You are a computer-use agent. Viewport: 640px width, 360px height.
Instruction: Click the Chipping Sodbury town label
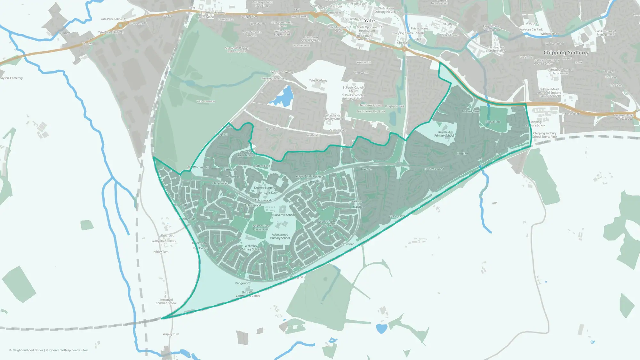566,52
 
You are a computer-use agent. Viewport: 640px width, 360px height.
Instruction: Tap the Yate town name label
369,20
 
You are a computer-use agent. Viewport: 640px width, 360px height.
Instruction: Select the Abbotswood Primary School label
280,236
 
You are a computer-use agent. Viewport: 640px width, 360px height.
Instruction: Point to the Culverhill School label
284,215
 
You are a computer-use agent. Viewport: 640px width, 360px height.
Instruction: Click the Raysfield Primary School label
444,134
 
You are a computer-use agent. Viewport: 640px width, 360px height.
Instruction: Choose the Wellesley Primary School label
251,248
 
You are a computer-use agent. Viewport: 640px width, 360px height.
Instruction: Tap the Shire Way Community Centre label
248,294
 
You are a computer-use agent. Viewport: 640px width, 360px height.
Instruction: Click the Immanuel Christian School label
166,301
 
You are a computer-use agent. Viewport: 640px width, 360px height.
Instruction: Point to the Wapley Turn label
171,334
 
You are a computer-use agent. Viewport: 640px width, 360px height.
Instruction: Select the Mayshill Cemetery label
11,78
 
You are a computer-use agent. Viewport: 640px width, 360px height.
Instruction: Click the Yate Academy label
318,81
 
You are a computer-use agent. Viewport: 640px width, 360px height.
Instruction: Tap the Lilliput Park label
493,122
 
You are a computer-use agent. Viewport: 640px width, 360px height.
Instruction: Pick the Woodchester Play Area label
327,223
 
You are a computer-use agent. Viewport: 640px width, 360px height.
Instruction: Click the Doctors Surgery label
264,188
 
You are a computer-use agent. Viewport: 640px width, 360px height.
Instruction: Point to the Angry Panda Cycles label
308,176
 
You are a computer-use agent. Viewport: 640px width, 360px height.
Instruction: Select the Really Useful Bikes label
164,241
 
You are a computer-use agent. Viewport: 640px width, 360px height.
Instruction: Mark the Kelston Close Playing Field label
261,228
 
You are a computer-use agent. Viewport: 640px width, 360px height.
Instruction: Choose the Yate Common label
205,101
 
